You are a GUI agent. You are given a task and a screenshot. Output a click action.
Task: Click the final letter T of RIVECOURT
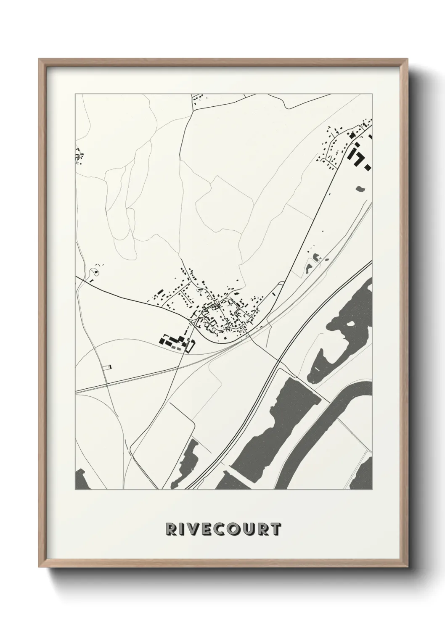[x=275, y=529]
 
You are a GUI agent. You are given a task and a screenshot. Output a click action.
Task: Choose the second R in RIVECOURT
[x=265, y=529]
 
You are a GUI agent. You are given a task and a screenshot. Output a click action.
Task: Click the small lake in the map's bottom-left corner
[x=81, y=477]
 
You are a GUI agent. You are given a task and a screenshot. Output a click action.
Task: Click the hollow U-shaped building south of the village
[x=191, y=345]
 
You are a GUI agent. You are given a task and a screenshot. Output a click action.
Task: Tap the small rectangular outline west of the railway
[x=108, y=367]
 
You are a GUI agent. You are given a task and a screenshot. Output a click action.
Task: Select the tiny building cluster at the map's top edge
[x=199, y=100]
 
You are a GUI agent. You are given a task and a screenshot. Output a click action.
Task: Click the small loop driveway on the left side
[x=96, y=273]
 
